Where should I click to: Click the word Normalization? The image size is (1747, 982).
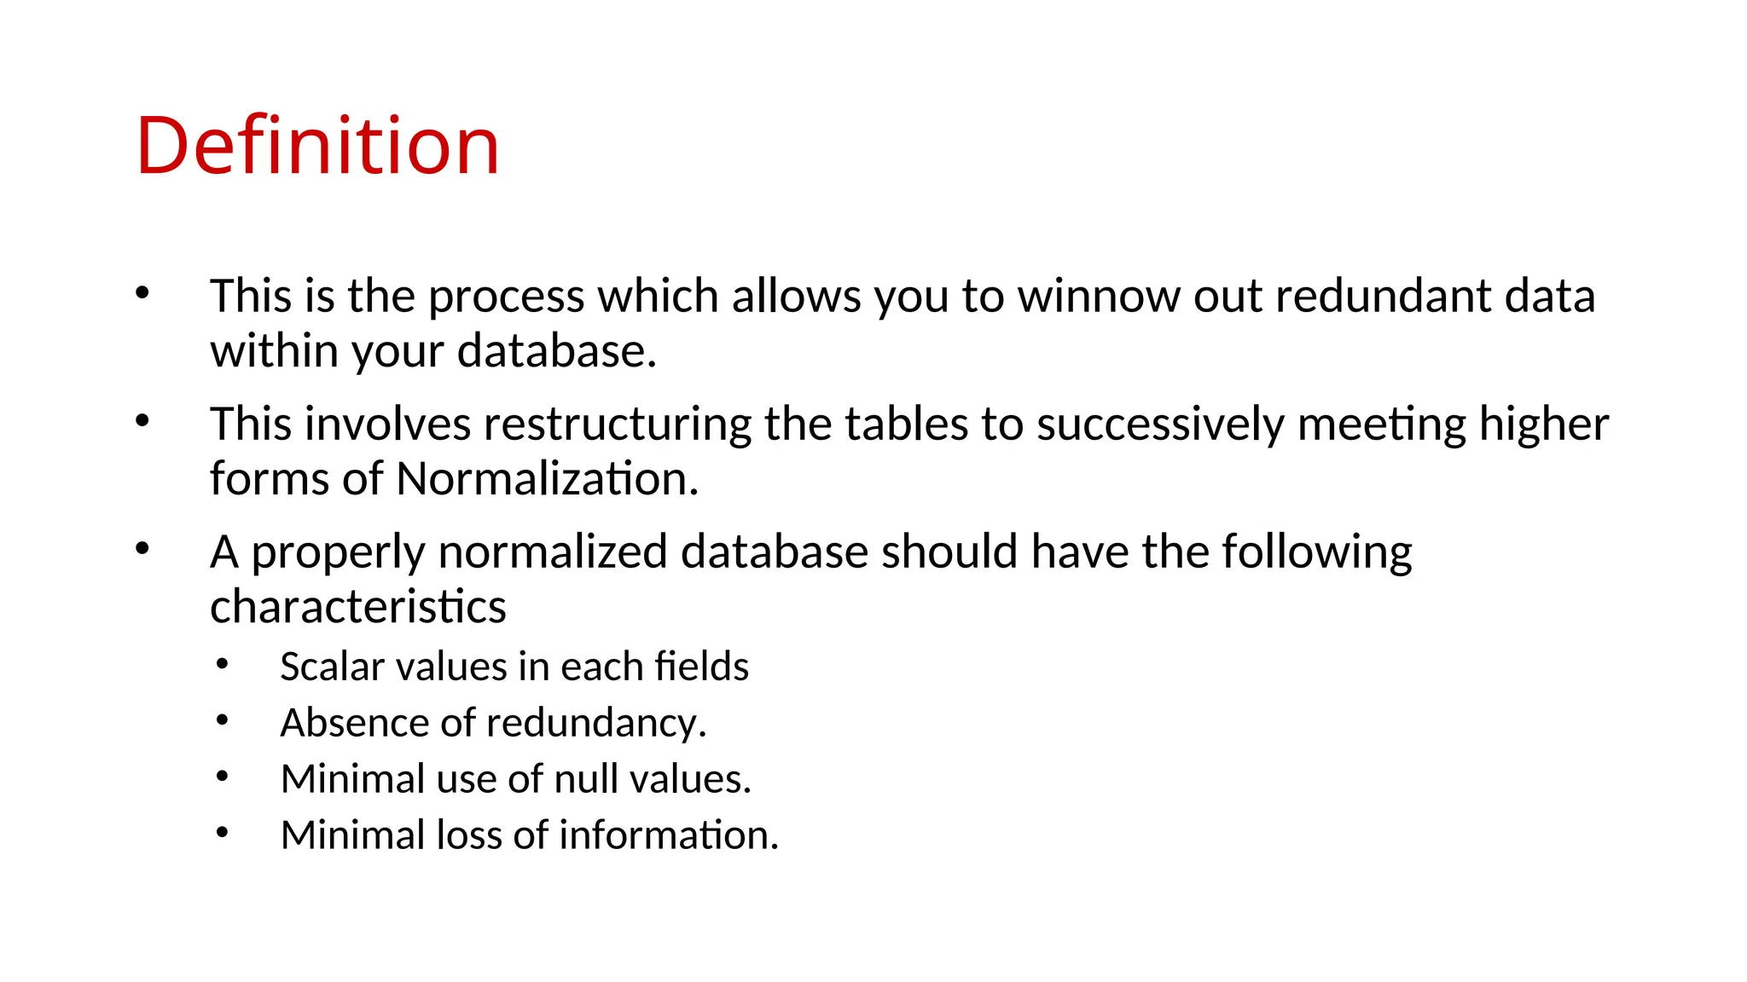point(547,479)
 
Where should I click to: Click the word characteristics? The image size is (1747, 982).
point(358,607)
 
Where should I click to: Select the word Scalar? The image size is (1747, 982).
point(333,667)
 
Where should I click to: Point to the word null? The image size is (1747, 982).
point(586,779)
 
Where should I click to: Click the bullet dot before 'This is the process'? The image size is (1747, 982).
point(142,293)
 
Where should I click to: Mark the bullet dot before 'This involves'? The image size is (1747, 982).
point(142,420)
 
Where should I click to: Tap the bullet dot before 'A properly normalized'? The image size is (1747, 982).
point(142,548)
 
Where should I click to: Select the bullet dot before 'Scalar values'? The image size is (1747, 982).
point(223,664)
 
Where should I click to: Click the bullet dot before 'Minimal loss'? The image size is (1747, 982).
point(223,832)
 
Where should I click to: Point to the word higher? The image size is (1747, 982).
point(1543,425)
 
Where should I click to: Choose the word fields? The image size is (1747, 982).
point(701,667)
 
